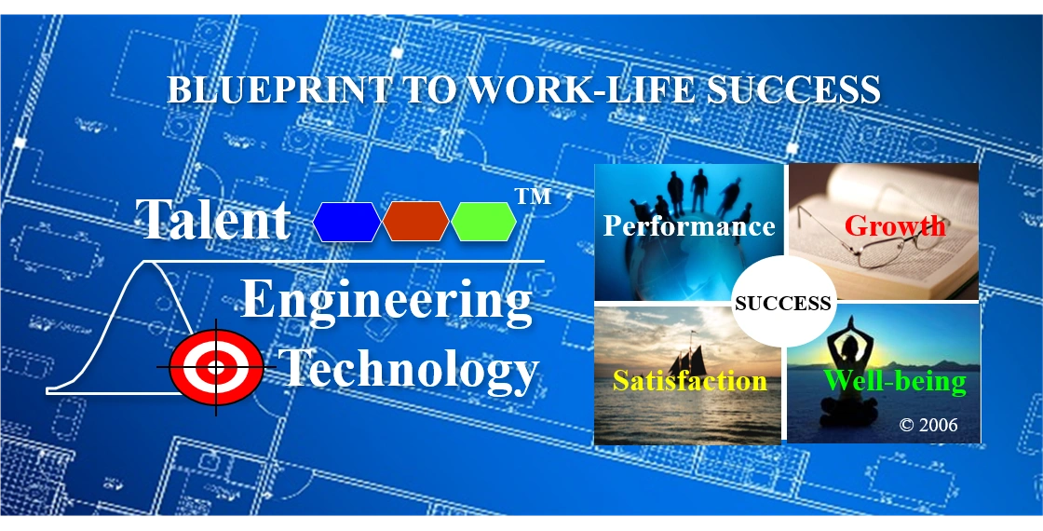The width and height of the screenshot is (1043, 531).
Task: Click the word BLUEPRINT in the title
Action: [278, 89]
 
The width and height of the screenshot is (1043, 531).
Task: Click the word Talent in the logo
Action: [213, 220]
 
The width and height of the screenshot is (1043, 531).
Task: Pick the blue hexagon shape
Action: [347, 222]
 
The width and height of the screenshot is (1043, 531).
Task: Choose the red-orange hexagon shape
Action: [416, 222]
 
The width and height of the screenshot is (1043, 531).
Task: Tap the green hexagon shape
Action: [484, 222]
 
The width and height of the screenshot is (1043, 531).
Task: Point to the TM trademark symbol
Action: [533, 197]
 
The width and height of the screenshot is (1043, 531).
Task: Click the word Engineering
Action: [386, 301]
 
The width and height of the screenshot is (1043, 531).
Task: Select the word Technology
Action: [410, 369]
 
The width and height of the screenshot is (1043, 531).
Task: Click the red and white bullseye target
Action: [216, 368]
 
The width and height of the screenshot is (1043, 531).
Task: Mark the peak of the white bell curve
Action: [146, 264]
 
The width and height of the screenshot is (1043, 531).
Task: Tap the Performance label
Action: [689, 226]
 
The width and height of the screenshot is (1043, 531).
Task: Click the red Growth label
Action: [895, 225]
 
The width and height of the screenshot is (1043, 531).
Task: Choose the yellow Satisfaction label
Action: [690, 380]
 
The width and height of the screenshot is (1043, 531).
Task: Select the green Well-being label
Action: [895, 380]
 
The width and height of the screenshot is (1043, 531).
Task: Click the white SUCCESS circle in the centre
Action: [783, 303]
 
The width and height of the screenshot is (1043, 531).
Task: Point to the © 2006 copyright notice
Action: [928, 425]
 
